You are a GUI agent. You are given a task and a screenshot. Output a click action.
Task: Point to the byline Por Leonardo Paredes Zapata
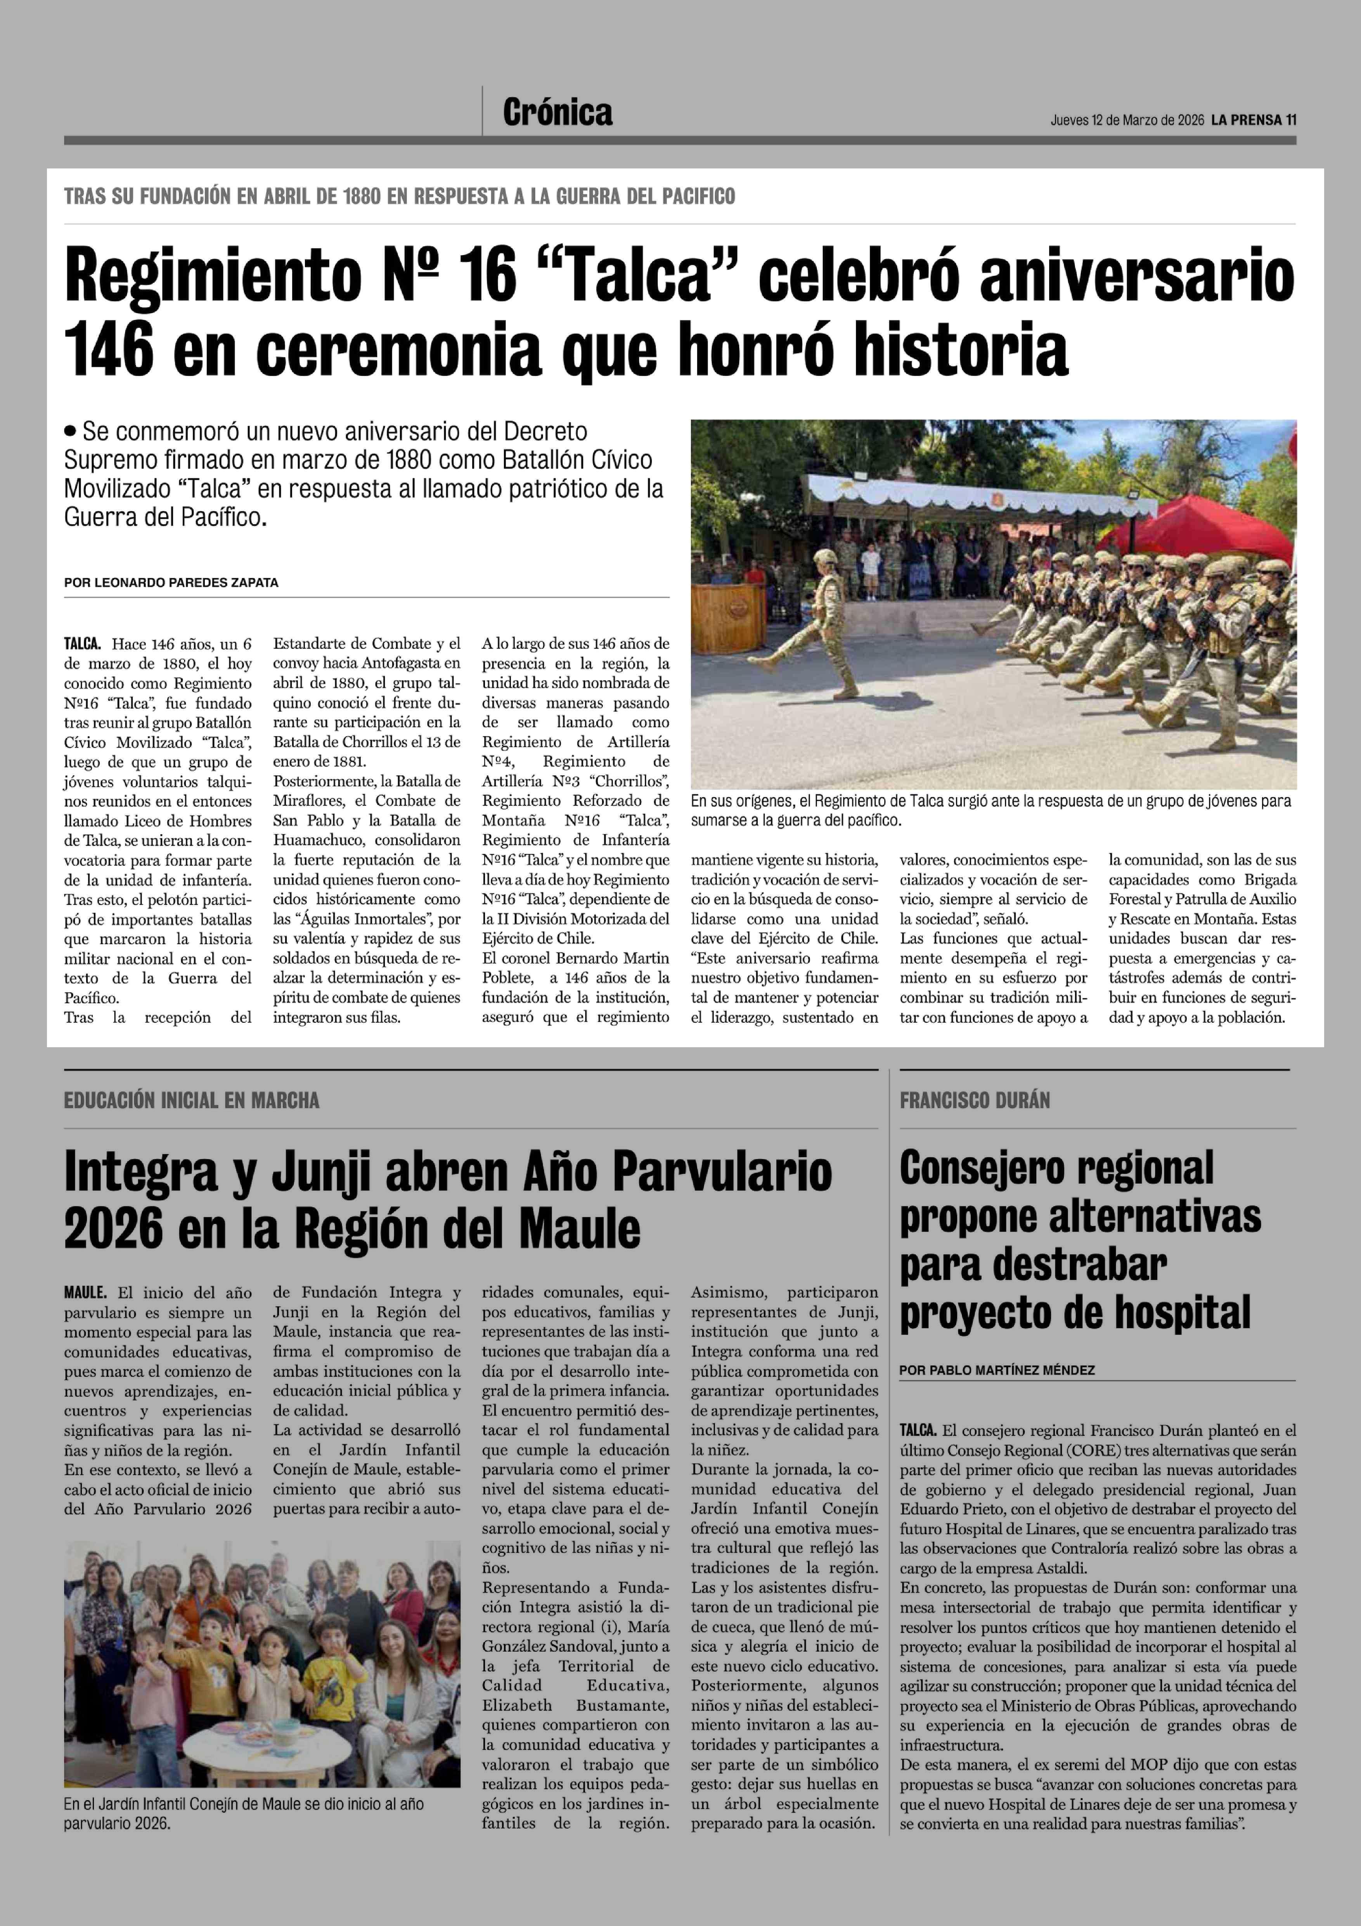pos(171,582)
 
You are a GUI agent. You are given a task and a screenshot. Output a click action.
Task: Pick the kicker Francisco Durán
pos(975,1100)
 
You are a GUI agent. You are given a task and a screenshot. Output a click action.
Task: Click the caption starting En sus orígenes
pos(989,810)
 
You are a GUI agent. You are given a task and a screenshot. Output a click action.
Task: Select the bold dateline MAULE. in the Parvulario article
pos(85,1293)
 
